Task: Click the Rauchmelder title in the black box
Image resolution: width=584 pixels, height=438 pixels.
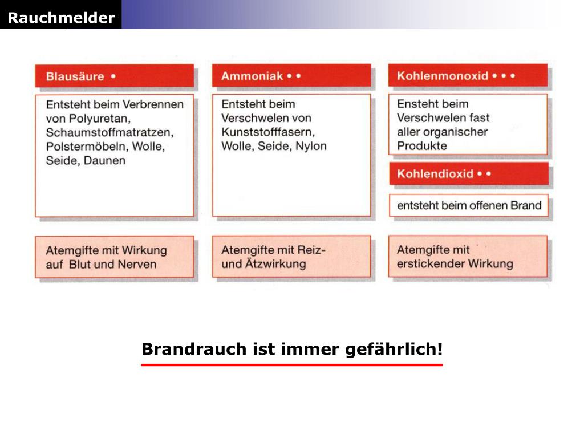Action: (61, 18)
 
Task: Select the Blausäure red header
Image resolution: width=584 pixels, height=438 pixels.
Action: (114, 76)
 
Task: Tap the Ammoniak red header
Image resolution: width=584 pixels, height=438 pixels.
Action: (291, 76)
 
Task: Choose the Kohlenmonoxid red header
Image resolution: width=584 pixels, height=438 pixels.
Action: (468, 75)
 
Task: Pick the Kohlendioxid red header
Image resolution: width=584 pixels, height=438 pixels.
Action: (469, 173)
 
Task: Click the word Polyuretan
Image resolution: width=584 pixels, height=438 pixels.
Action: (100, 119)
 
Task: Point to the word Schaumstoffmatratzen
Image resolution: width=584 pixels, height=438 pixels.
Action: (110, 132)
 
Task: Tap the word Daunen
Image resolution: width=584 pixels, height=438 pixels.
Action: (105, 160)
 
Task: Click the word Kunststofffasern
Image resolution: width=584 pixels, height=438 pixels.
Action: (268, 132)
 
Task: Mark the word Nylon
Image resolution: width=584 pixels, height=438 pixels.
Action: (311, 146)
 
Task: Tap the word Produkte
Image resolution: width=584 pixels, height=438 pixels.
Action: (422, 145)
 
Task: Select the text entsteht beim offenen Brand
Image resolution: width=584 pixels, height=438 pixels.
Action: (469, 205)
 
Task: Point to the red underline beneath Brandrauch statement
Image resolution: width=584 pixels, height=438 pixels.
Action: (292, 365)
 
